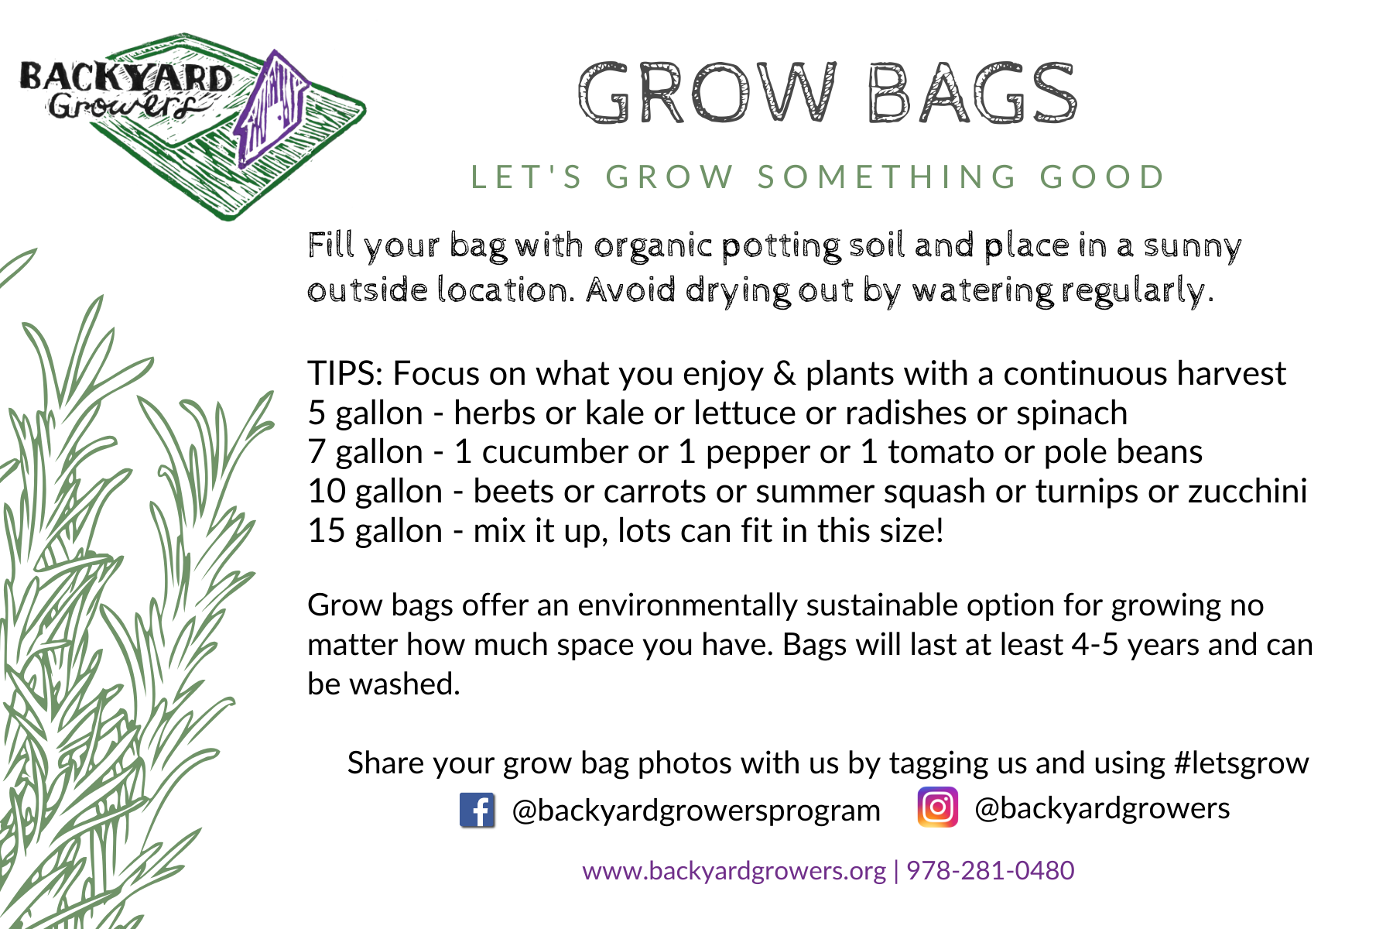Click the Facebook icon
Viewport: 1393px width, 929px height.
pos(477,811)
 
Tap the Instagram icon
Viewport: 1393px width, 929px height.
pos(937,807)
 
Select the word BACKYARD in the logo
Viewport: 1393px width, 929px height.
pos(125,77)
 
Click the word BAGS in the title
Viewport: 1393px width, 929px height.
pos(972,94)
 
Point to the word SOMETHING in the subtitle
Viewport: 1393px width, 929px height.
pos(887,177)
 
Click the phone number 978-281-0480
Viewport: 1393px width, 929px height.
pos(990,870)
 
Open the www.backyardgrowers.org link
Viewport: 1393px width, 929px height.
pos(734,870)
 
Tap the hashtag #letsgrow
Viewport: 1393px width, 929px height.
pos(1241,763)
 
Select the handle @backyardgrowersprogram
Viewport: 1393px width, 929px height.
pos(696,811)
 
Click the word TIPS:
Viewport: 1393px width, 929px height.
pos(345,373)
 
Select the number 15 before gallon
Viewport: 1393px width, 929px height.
pos(326,531)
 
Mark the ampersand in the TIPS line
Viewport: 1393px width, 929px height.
pos(784,373)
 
